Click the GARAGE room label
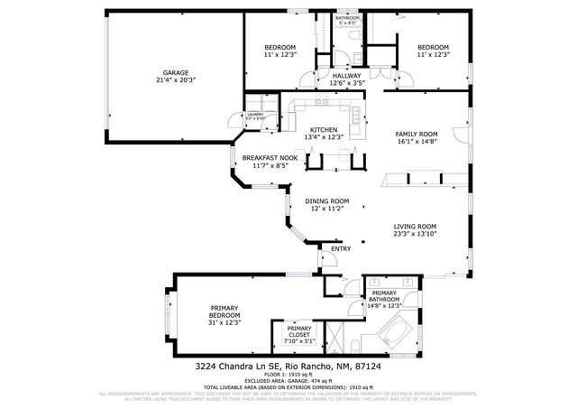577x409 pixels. coord(175,72)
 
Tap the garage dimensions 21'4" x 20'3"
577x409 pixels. coord(175,80)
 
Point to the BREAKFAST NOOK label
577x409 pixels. coord(270,158)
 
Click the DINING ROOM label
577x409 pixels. coord(326,201)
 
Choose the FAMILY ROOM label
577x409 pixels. coord(416,134)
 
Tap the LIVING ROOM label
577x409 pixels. coord(415,227)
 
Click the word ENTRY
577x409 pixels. coord(341,248)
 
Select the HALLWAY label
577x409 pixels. coord(346,76)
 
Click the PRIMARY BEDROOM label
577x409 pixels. coord(220,311)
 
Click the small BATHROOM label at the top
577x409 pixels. coord(347,18)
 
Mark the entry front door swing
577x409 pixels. coord(328,260)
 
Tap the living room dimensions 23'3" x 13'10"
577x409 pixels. coord(415,235)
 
